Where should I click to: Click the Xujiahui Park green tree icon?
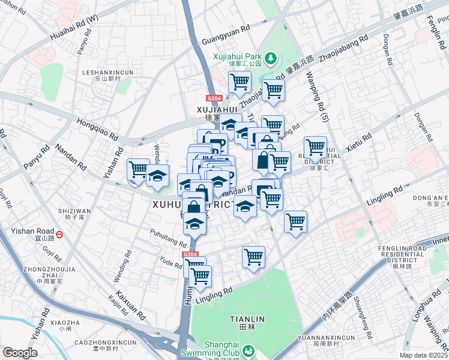pyautogui.click(x=271, y=58)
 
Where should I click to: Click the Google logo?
pyautogui.click(x=20, y=353)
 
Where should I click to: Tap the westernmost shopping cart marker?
pyautogui.click(x=139, y=169)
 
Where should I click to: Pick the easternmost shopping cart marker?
pyautogui.click(x=315, y=146)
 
